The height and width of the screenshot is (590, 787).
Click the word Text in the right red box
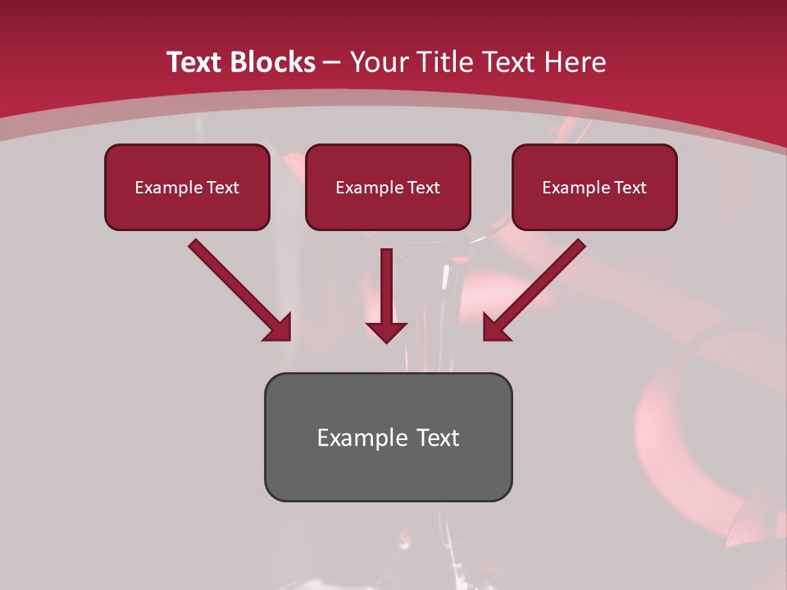click(630, 188)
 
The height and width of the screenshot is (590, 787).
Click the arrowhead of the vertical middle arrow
click(386, 331)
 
